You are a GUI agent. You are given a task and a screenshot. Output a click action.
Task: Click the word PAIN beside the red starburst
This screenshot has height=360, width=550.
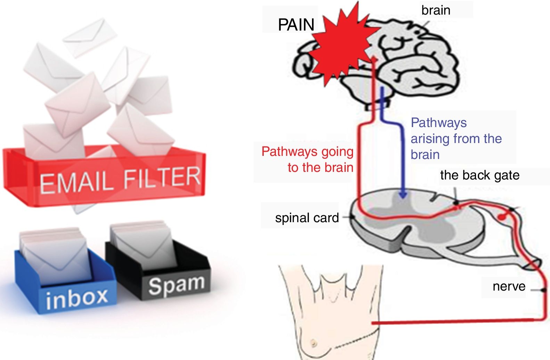coord(296,25)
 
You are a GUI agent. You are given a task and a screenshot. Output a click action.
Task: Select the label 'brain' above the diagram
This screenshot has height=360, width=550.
coord(436,10)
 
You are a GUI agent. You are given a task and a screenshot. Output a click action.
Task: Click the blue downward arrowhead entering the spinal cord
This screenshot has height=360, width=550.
coord(403,194)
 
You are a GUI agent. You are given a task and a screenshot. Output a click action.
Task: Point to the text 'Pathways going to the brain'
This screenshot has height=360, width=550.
coord(307,159)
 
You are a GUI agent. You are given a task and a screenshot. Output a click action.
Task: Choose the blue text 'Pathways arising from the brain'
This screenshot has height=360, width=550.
coord(456,139)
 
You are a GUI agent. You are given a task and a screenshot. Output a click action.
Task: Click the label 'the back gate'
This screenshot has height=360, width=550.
coord(480,175)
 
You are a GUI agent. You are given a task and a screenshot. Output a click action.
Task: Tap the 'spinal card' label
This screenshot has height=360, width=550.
coord(307,218)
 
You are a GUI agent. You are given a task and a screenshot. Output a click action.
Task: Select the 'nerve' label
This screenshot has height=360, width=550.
coord(509,286)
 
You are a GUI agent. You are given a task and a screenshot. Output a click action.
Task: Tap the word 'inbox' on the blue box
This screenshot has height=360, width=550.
coord(77,298)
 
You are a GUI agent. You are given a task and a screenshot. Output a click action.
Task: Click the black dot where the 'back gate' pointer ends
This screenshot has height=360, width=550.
coord(456,203)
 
